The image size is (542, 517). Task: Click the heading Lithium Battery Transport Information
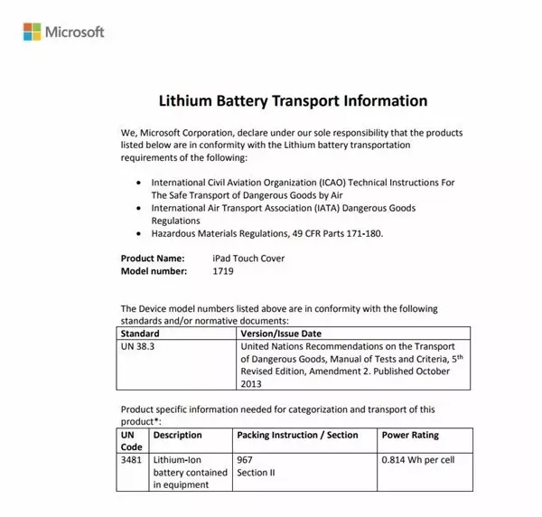(293, 100)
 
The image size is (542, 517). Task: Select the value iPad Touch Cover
(244, 258)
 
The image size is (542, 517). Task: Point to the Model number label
(154, 271)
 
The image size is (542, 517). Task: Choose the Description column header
(178, 435)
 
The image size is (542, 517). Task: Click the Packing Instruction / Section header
(297, 435)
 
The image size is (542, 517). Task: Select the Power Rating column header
(410, 435)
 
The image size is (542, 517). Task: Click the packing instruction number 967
(245, 460)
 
